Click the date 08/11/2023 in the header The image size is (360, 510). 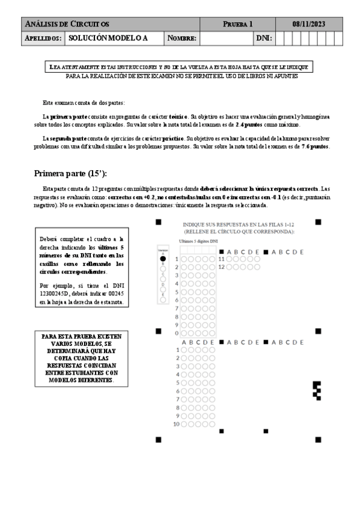[309, 23]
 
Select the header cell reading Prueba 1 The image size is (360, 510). [237, 23]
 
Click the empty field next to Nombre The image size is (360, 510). [225, 38]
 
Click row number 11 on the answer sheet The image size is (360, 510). [221, 259]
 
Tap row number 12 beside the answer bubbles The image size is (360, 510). [221, 266]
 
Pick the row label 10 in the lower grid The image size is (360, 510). [177, 424]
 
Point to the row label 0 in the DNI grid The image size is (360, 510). [177, 332]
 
